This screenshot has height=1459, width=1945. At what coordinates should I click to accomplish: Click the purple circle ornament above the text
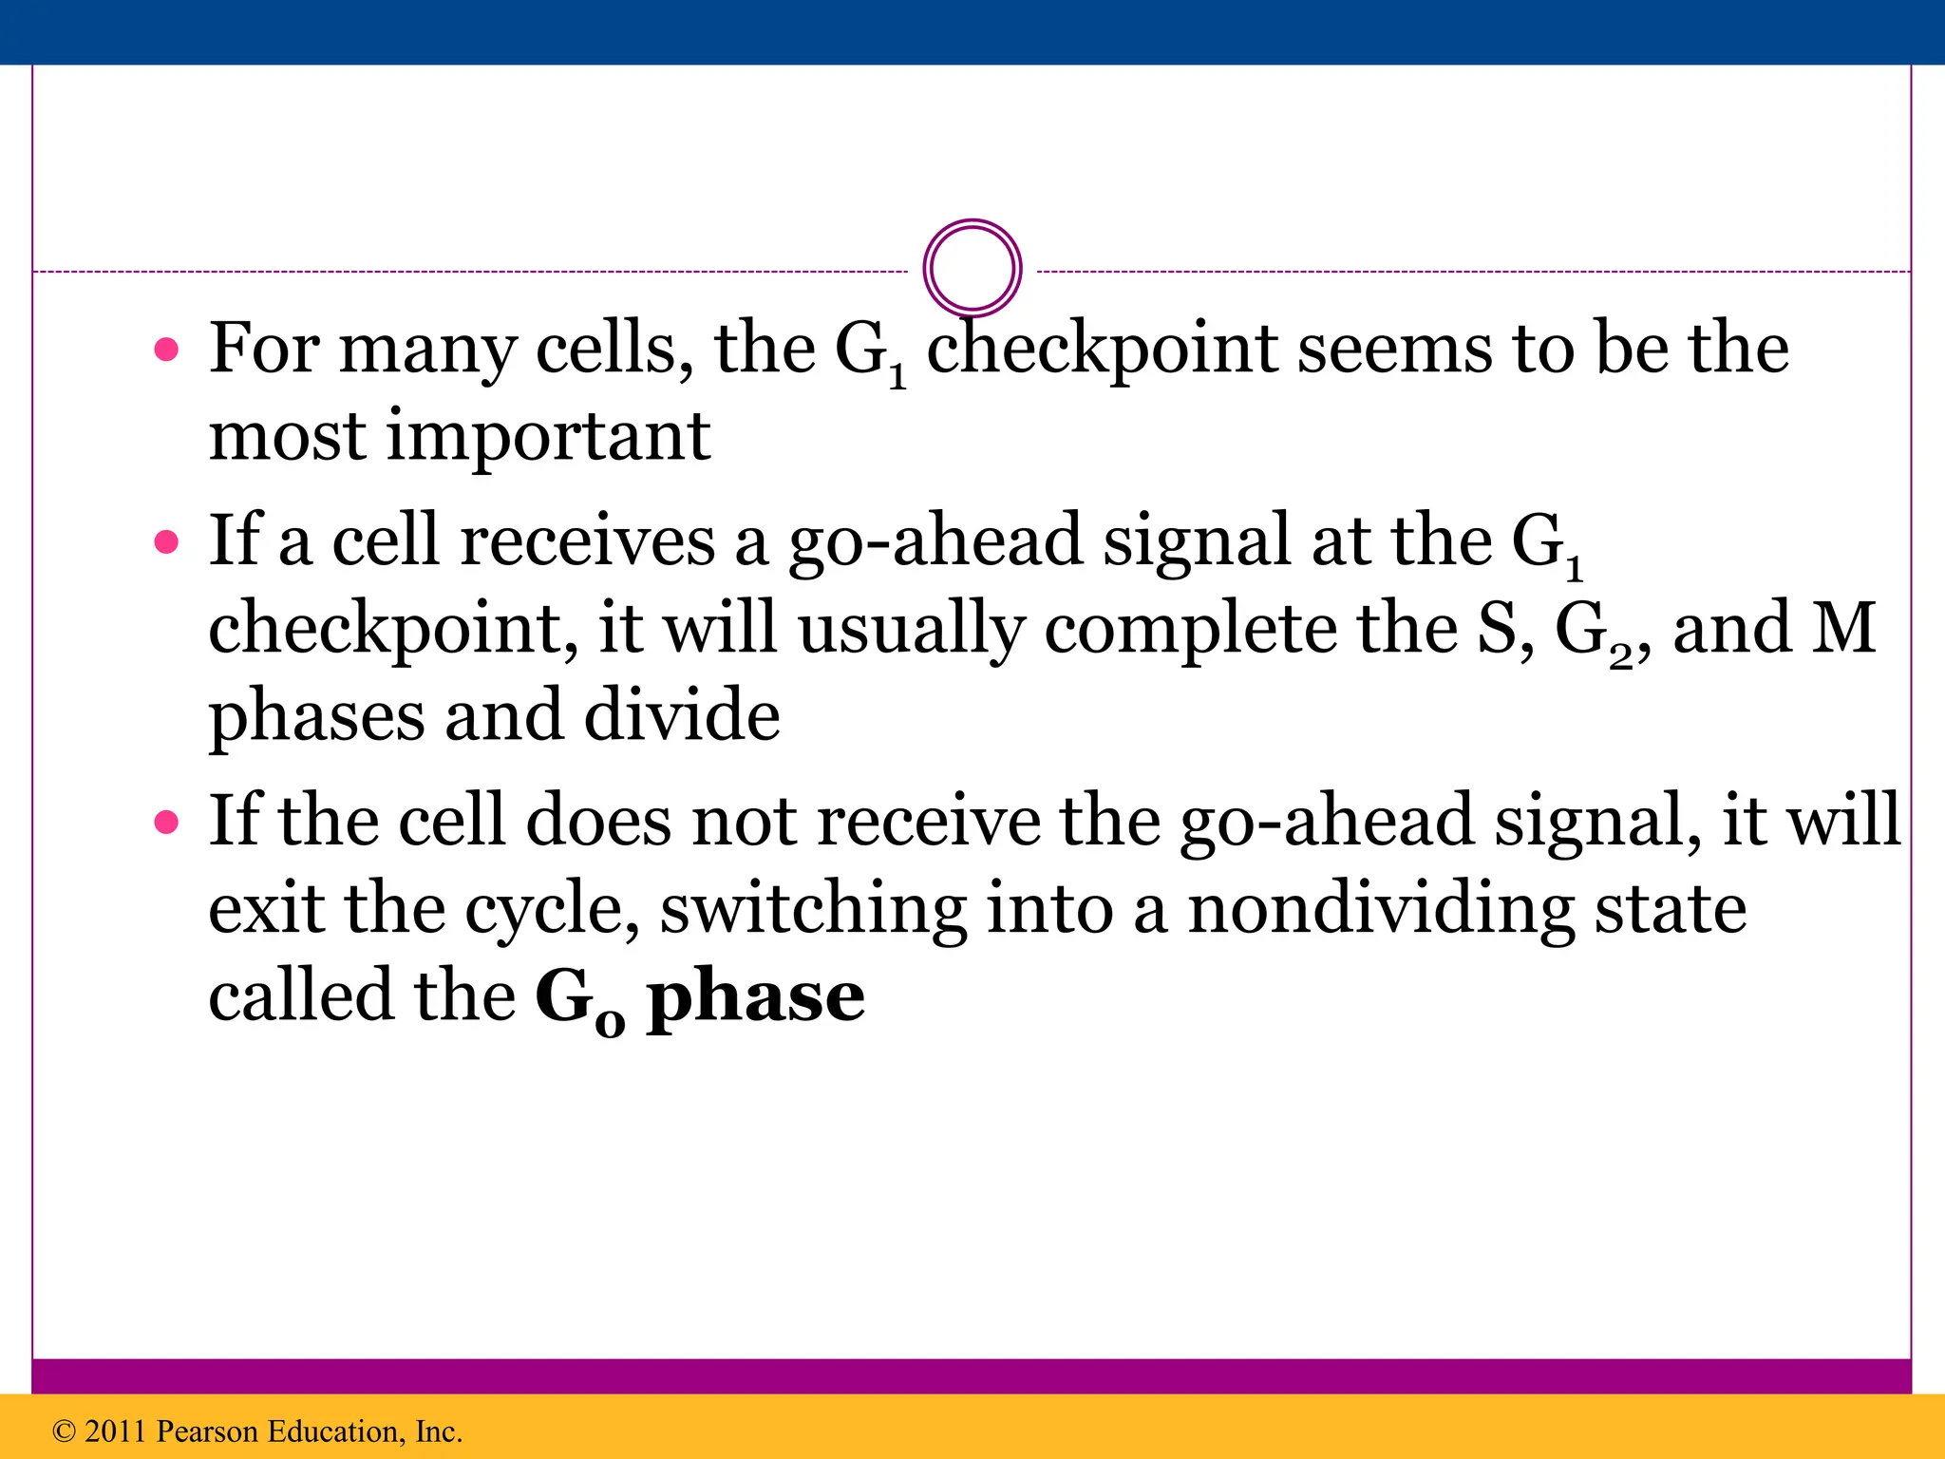point(972,268)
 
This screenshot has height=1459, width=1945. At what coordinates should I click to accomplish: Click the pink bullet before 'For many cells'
point(166,351)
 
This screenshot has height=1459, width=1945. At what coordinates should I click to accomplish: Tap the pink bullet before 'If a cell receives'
point(166,542)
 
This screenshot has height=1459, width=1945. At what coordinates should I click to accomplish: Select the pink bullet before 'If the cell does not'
point(166,822)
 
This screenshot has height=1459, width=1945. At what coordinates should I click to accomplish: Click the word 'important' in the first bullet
point(548,437)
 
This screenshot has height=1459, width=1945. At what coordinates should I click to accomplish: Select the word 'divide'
point(681,716)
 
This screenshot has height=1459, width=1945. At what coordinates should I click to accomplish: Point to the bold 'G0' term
point(579,999)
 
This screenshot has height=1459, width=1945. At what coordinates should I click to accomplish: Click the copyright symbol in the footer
point(64,1431)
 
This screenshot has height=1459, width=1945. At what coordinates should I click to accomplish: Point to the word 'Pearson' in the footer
point(206,1431)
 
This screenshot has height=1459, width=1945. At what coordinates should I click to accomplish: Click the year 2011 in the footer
point(115,1431)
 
